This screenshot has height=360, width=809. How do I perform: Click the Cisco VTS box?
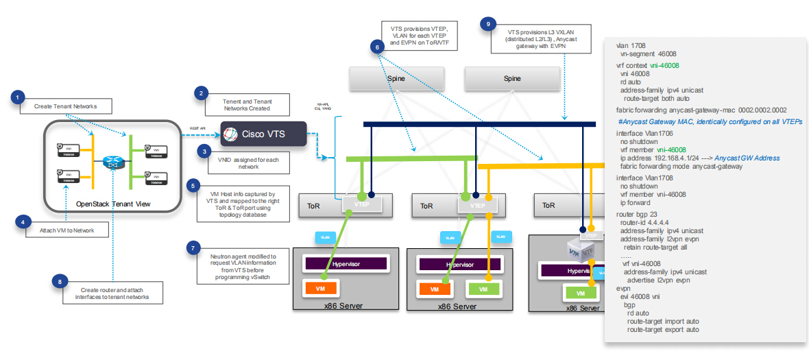pos(264,134)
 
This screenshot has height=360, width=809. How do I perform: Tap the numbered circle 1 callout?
pos(19,98)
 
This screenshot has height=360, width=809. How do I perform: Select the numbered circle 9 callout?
pos(488,25)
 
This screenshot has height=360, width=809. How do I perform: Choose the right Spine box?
pos(512,79)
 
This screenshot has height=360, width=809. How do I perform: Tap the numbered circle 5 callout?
pos(195,185)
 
